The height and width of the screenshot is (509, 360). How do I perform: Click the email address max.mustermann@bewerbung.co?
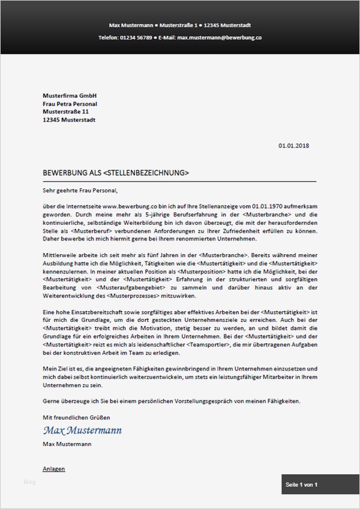(220, 37)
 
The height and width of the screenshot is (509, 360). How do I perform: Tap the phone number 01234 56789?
(135, 37)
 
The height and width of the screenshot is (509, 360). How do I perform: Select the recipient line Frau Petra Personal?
(70, 104)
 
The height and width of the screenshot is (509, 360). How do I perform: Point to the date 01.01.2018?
(294, 145)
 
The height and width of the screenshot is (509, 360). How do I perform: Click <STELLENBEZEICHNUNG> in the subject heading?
(146, 173)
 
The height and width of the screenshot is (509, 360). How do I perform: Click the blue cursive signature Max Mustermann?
(82, 430)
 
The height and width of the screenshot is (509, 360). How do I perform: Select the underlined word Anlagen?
(54, 469)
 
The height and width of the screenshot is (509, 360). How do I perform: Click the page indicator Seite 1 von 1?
(301, 484)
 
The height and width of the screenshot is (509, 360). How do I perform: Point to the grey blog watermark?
(29, 481)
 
